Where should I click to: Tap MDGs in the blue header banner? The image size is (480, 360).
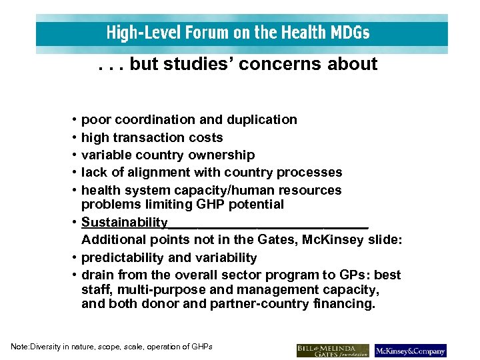(348, 32)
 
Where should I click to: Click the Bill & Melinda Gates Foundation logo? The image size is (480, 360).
(333, 350)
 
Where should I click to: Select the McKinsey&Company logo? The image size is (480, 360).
(410, 350)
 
